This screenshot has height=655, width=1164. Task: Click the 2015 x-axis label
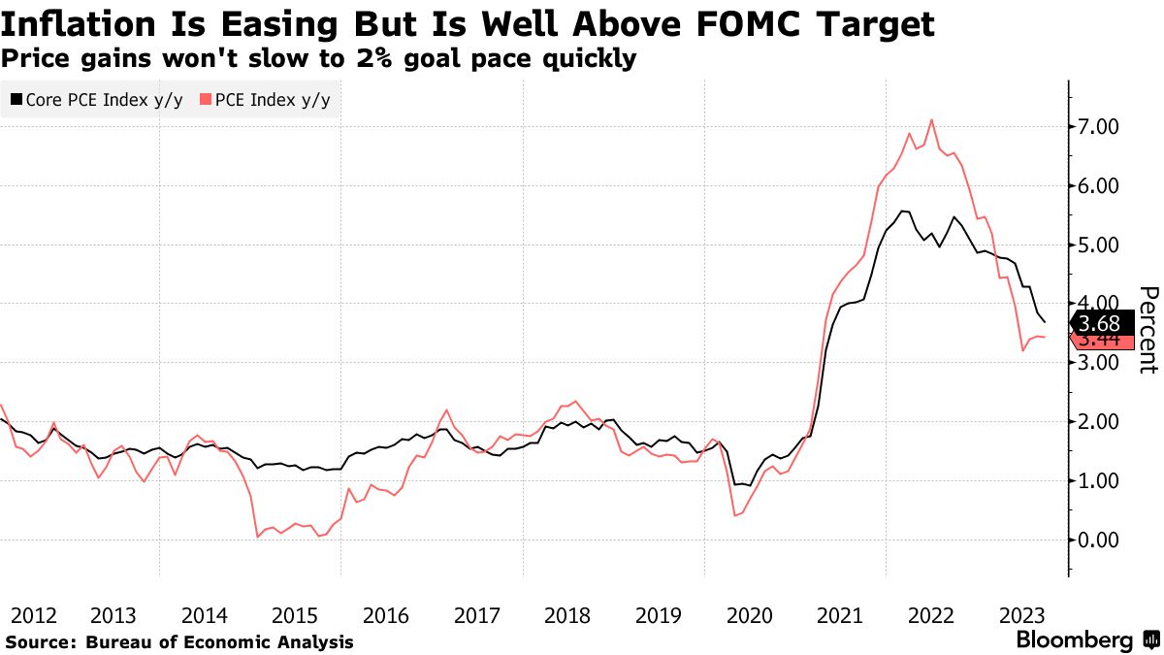tap(295, 614)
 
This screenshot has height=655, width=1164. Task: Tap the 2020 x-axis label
tap(750, 614)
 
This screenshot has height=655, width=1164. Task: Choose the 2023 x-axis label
tap(1022, 614)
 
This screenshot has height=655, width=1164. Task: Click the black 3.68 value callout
tap(1099, 323)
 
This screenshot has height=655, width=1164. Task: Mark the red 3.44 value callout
tap(1099, 342)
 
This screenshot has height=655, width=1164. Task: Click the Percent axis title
tap(1148, 330)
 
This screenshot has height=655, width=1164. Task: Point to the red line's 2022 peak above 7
tap(932, 119)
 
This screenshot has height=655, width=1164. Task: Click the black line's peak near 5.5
tap(901, 211)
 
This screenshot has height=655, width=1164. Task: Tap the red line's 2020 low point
tap(735, 515)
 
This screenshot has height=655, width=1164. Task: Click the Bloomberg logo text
tap(1074, 640)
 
